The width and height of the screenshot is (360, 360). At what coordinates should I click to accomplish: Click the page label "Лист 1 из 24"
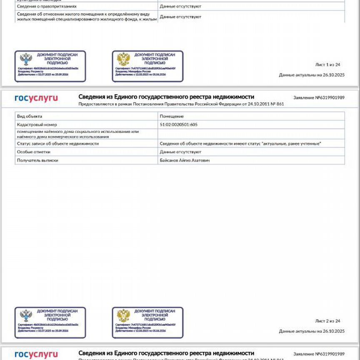328,65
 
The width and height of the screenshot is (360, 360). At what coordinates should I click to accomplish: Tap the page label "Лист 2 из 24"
328,321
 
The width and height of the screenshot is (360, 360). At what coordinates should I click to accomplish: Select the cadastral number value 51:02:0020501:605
179,125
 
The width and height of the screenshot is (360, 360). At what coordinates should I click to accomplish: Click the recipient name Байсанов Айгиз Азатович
185,160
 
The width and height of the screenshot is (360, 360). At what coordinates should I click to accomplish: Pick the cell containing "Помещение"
172,116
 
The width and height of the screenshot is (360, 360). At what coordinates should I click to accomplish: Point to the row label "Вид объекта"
30,116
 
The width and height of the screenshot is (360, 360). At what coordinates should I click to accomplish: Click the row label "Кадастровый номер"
37,125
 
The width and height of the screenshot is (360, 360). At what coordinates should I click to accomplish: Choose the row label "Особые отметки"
34,152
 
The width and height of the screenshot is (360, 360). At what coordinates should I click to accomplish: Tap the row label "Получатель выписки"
37,160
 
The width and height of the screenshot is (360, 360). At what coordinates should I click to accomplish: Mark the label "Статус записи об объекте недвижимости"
58,144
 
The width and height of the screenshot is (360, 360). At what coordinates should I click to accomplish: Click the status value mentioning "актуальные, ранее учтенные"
240,144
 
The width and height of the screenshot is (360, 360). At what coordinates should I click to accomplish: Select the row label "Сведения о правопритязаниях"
47,7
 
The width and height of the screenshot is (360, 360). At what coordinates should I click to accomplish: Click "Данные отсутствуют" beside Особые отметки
180,152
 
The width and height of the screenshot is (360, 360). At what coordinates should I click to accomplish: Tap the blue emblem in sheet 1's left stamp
26,60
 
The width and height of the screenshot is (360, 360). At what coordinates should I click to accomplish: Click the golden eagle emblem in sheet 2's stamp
123,316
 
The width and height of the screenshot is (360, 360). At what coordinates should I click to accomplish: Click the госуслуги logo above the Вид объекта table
36,98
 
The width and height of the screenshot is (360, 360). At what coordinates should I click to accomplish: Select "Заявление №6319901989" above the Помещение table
319,97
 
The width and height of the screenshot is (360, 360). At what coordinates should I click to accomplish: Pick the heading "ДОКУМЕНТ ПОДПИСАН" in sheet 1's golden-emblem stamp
155,55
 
